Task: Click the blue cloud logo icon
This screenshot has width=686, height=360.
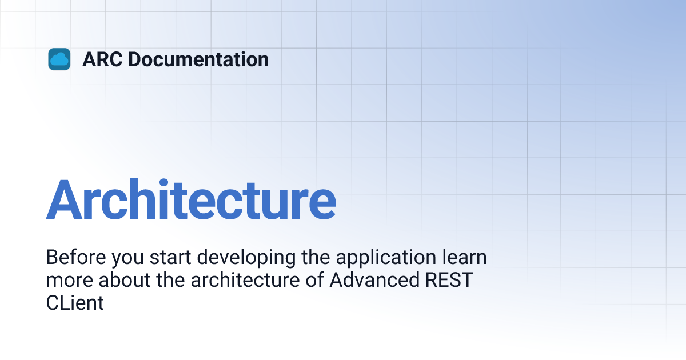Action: pyautogui.click(x=59, y=59)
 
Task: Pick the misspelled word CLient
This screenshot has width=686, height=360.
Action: pyautogui.click(x=75, y=303)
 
